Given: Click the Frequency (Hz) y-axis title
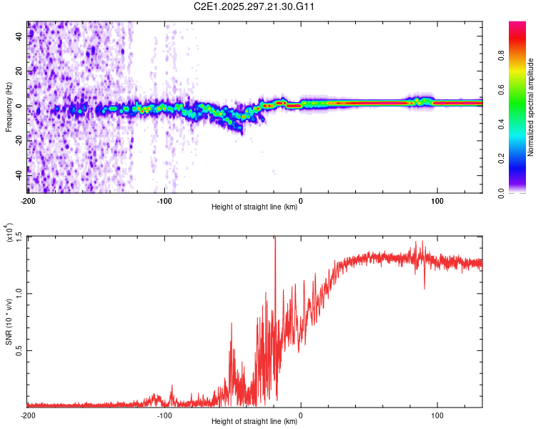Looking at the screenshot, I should [x=9, y=107].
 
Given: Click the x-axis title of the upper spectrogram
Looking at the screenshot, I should [x=254, y=207].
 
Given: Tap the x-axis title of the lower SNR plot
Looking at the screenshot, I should [x=254, y=422].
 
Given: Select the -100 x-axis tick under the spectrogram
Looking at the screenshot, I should [x=164, y=200].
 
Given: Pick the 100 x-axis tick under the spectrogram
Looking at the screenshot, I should [x=437, y=200].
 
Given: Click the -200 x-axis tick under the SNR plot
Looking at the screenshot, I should [x=29, y=415].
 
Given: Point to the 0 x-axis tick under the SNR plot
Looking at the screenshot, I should [x=301, y=415].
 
